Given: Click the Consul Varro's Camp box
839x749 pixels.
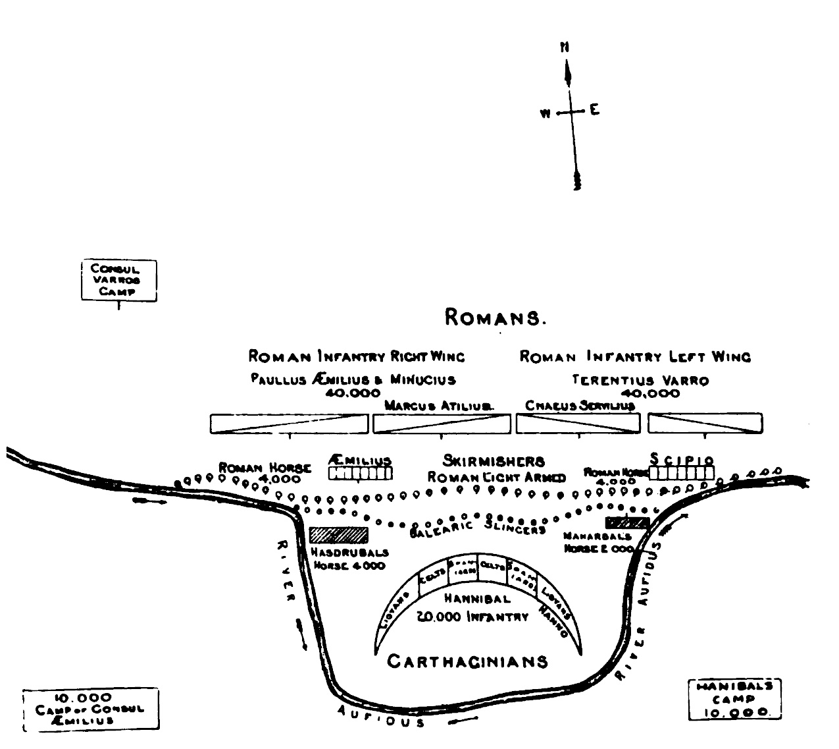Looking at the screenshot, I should pos(119,281).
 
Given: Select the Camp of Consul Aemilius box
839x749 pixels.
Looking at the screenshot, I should pos(91,709).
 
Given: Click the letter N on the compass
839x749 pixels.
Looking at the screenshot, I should pos(565,47).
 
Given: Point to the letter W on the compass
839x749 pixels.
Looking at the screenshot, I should pos(545,113).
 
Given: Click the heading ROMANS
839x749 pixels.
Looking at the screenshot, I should pos(496,318).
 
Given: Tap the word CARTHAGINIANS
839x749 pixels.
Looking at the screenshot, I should pos(467,661).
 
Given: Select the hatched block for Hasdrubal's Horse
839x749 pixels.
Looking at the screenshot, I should pos(338,534).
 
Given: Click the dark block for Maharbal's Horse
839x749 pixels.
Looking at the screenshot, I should pos(627,523).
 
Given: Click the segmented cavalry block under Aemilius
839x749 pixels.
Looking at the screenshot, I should pos(360,473).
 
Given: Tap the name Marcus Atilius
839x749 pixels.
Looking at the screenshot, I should pos(439,406).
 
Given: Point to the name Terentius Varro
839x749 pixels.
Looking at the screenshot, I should pos(640,381).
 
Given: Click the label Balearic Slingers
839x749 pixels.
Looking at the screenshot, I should pos(478,530).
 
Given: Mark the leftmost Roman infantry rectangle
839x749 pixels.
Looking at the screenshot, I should pos(290,424).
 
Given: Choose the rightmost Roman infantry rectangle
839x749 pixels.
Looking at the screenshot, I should pos(705,424).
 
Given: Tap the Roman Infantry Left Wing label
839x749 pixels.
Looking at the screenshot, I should pos(635,356).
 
